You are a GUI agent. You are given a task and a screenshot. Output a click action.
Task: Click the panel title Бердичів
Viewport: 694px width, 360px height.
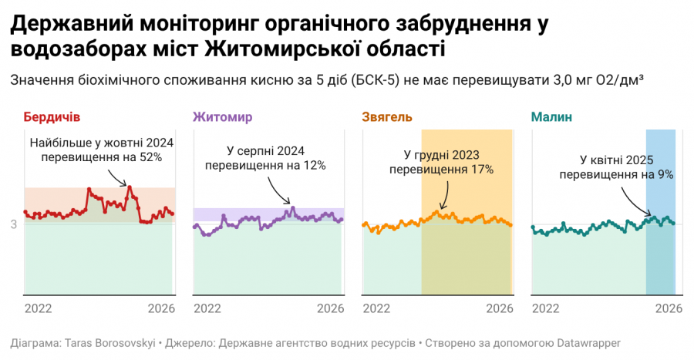(x=52, y=117)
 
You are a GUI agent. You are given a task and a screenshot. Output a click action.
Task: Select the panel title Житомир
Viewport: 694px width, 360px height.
(x=222, y=117)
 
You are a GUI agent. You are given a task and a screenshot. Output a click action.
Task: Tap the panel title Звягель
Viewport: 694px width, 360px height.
(x=387, y=117)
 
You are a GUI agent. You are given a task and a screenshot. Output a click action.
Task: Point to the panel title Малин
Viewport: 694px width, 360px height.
(x=551, y=117)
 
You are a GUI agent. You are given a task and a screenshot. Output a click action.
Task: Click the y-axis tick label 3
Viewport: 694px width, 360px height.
(x=14, y=224)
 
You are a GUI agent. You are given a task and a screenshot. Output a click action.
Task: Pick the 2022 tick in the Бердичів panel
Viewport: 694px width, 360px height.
(x=38, y=308)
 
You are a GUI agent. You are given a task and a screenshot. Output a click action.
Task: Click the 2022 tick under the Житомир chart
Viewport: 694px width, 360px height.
(x=207, y=308)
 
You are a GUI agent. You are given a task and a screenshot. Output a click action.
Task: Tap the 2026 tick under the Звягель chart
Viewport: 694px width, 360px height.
(x=500, y=308)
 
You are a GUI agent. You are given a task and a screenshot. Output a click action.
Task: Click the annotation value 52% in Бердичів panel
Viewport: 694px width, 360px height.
(x=150, y=157)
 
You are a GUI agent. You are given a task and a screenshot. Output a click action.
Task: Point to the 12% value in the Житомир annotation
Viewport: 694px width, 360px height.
(x=315, y=165)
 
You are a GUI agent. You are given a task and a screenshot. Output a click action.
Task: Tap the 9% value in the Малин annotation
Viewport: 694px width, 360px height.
(x=664, y=175)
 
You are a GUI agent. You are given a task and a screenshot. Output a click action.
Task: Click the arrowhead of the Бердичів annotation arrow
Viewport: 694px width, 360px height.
(x=127, y=185)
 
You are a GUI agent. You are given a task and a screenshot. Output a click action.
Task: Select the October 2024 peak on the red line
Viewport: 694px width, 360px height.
(x=130, y=187)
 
